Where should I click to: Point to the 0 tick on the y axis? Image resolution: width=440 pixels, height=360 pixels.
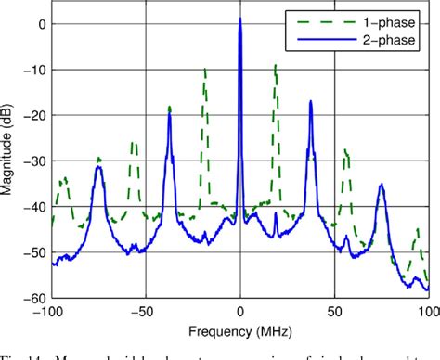[41, 24]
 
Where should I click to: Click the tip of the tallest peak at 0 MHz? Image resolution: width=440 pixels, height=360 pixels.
[240, 18]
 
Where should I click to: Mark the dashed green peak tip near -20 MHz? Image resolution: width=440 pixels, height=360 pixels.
[204, 68]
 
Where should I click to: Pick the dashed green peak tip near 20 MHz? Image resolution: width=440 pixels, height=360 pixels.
[276, 65]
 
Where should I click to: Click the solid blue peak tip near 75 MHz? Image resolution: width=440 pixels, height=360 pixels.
[381, 185]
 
